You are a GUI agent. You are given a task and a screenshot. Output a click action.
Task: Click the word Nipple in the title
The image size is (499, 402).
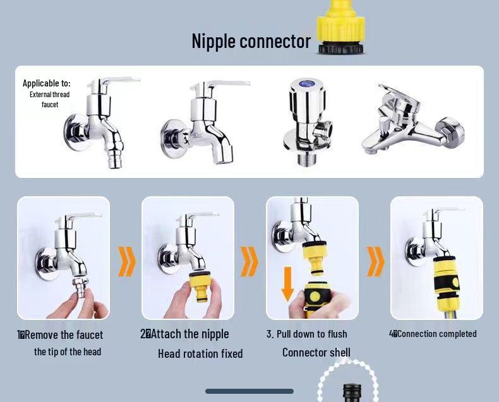pyautogui.click(x=213, y=42)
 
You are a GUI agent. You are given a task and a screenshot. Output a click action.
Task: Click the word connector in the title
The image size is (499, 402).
pyautogui.click(x=275, y=42)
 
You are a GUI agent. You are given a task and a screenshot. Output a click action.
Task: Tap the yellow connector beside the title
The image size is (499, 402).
pyautogui.click(x=340, y=27)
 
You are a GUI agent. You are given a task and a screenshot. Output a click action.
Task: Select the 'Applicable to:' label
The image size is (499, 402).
pyautogui.click(x=47, y=83)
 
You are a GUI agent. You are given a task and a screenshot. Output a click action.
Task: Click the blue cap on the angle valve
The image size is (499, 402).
pyautogui.click(x=307, y=84)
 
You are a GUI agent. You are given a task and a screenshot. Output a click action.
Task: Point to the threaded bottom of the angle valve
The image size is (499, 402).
pyautogui.click(x=306, y=158)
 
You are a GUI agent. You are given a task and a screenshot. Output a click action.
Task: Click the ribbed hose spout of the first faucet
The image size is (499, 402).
pyautogui.click(x=116, y=158)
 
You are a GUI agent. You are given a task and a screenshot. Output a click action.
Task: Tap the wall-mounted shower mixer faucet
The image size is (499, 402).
pyautogui.click(x=413, y=120)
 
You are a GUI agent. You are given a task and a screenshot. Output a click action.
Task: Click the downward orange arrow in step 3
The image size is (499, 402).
pyautogui.click(x=287, y=284)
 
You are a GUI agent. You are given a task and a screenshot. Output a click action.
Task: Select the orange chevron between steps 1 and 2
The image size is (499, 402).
pyautogui.click(x=127, y=261)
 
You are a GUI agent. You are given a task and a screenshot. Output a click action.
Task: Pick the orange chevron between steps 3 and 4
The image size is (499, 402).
pyautogui.click(x=376, y=261)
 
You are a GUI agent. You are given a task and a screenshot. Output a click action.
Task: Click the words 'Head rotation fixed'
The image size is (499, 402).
pyautogui.click(x=200, y=353)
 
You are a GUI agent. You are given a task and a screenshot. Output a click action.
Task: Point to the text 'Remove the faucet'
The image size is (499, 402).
pyautogui.click(x=64, y=335)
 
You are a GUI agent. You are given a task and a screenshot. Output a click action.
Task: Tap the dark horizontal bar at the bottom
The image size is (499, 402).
pyautogui.click(x=249, y=391)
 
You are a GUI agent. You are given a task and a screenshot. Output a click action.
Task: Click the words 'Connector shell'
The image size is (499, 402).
pyautogui.click(x=316, y=352)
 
